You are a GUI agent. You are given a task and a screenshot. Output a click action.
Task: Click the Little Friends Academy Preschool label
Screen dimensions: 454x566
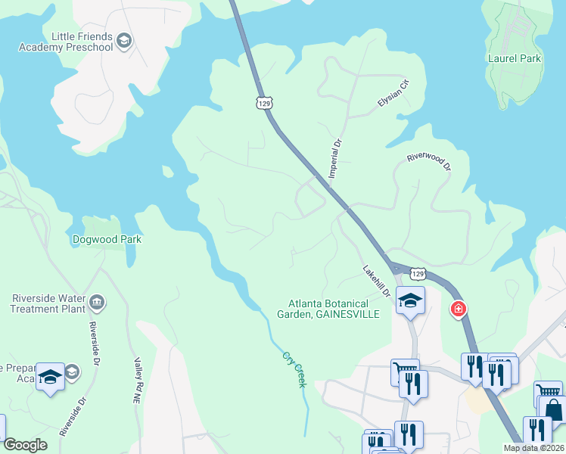click(x=82, y=42)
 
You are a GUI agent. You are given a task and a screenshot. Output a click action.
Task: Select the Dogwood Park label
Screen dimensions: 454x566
click(x=107, y=239)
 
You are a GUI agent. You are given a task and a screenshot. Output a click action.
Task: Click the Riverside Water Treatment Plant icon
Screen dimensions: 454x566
click(x=96, y=303)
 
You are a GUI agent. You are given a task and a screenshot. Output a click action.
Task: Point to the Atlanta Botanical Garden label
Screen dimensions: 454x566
click(x=328, y=309)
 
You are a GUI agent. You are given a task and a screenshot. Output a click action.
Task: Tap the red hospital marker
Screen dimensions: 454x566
click(x=458, y=309)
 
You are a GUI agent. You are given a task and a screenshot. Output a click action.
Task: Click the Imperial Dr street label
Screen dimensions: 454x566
click(x=334, y=158)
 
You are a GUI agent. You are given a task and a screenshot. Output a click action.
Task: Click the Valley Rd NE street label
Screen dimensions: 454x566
click(x=138, y=381)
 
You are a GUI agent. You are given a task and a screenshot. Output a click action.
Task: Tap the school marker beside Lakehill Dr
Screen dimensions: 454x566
click(x=410, y=301)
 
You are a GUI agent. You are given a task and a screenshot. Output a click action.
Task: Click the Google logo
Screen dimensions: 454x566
click(x=25, y=445)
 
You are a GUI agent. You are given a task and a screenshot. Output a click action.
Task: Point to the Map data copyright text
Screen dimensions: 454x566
click(x=533, y=448)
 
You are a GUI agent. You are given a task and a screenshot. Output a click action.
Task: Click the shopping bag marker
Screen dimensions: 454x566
click(x=553, y=411)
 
